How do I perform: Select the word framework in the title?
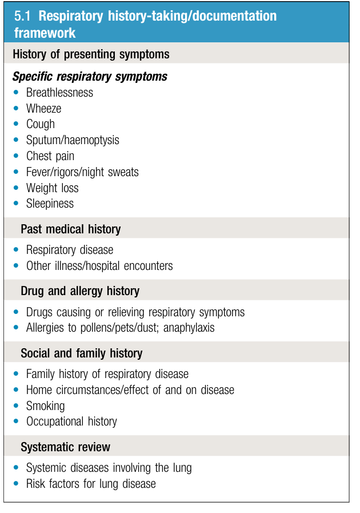[x=45, y=33]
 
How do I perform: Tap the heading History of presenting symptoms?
[x=91, y=54]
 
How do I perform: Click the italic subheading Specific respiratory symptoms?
[x=90, y=77]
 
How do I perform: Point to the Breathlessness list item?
[x=59, y=93]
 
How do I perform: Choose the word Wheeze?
[x=43, y=109]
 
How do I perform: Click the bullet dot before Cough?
[x=16, y=124]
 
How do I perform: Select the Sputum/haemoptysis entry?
[x=73, y=140]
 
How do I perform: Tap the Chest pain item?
[x=50, y=156]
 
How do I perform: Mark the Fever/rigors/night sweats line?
[x=82, y=172]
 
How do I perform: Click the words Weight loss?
[x=53, y=188]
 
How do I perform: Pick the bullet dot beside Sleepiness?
[x=16, y=203]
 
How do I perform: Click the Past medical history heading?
[x=71, y=229]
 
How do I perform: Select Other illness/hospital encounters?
[x=99, y=266]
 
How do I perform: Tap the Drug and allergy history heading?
[x=80, y=291]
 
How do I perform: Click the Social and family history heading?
[x=82, y=353]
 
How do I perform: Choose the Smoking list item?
[x=45, y=406]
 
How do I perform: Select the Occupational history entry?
[x=71, y=421]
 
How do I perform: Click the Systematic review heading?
[x=66, y=447]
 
